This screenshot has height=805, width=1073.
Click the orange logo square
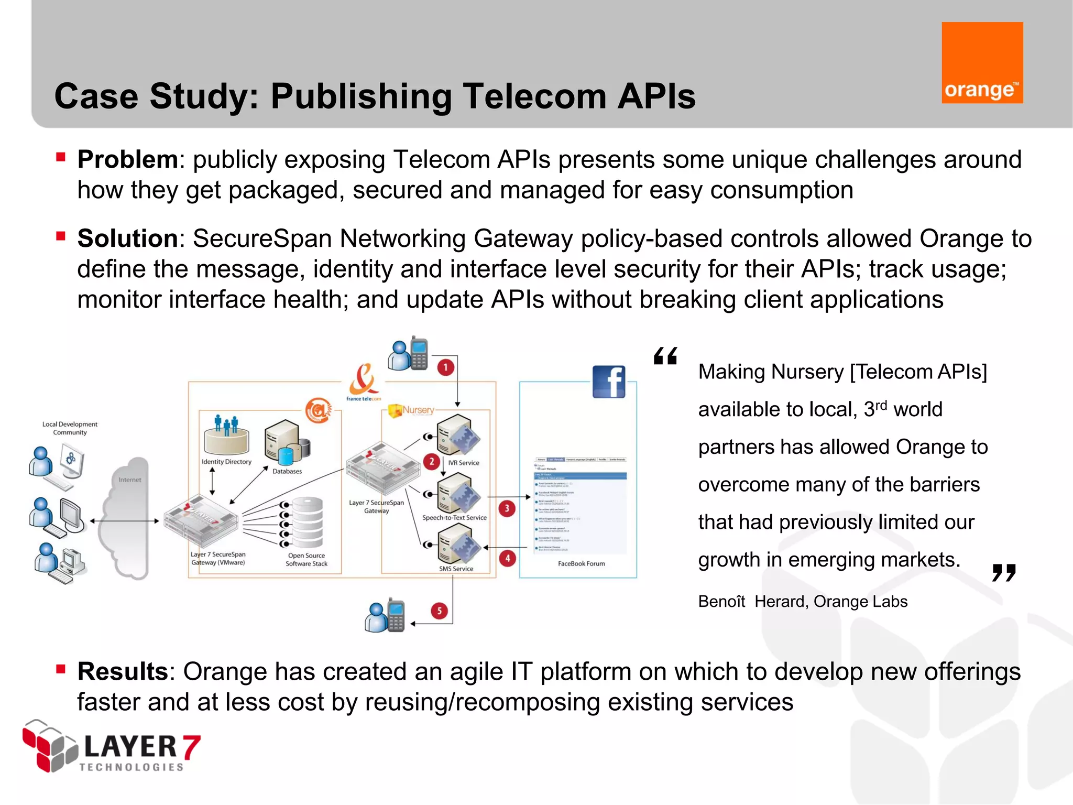tap(982, 62)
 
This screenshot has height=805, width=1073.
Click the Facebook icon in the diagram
tap(609, 382)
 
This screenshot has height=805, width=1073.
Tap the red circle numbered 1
tap(445, 367)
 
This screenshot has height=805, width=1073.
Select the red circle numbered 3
tap(507, 508)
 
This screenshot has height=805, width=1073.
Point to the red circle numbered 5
tap(439, 611)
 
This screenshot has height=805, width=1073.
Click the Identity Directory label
tap(226, 462)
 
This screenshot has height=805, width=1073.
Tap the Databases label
tap(287, 471)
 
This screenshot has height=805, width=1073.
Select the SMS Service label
tap(456, 569)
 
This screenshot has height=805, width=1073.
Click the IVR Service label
tap(464, 463)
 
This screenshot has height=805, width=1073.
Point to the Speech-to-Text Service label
tap(454, 517)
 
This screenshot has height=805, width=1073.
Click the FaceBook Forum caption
tap(581, 563)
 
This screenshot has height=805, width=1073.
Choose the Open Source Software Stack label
tap(306, 560)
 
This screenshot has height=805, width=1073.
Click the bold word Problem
tap(128, 159)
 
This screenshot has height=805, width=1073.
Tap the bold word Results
tap(123, 671)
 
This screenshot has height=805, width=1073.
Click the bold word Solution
tap(128, 238)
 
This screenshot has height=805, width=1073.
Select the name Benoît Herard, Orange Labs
tap(803, 601)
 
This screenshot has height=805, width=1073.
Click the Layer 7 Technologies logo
tap(111, 747)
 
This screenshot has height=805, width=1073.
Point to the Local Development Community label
tap(70, 428)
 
